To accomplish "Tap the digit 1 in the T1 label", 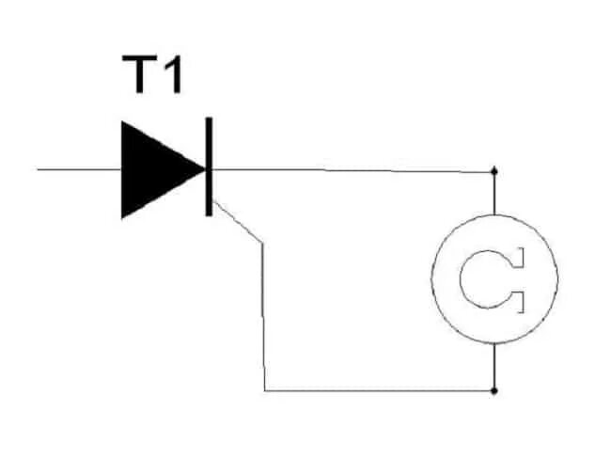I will pos(172,74).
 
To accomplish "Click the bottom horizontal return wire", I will pos(376,389).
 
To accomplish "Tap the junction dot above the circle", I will pos(494,172).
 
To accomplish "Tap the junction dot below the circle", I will pos(494,389).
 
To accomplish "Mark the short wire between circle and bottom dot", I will pos(494,367).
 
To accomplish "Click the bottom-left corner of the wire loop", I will pos(265,389).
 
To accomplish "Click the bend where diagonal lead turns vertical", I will pos(262,244).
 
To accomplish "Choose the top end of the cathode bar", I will pos(208,119).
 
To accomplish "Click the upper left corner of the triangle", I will pos(122,123).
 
